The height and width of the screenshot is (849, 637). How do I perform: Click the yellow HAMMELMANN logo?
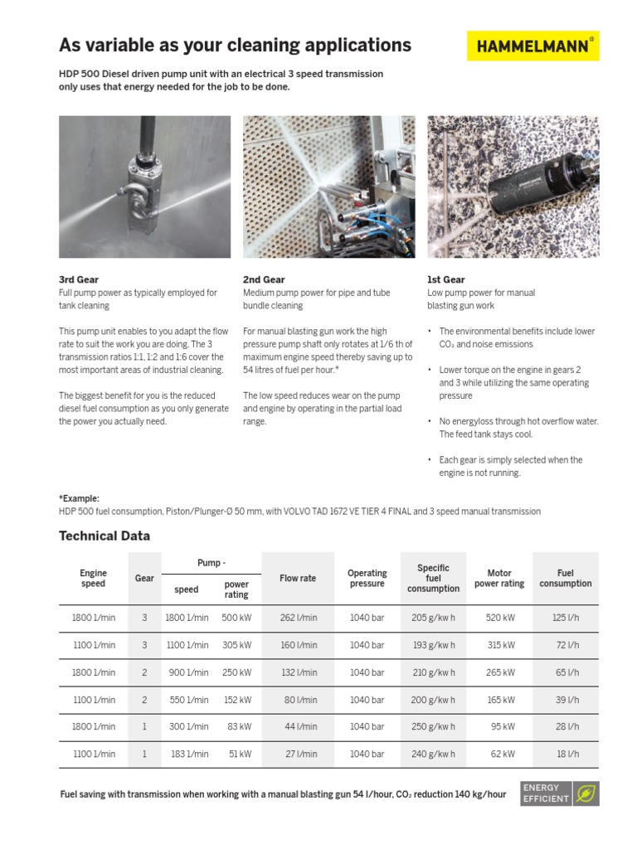point(532,46)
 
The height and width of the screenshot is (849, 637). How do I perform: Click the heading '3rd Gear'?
point(79,280)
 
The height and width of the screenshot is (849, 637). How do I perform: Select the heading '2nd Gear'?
point(264,280)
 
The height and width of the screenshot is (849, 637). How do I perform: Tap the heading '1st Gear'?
point(446,280)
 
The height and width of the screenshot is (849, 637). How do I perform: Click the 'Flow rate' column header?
point(298,578)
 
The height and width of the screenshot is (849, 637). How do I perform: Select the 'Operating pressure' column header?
point(367,578)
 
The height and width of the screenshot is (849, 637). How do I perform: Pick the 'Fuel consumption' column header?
point(566,578)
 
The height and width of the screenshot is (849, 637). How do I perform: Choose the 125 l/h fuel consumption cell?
point(566,618)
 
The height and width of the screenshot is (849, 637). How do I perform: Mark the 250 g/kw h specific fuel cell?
point(433,726)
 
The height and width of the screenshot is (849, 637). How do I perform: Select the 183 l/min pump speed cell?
point(187,754)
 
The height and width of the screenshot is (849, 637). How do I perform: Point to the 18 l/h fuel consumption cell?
point(566,754)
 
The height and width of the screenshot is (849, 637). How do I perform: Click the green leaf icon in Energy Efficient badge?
point(586,793)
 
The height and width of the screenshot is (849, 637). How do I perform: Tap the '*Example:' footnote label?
point(79,498)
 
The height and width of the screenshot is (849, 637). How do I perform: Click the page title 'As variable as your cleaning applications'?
point(235,45)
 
